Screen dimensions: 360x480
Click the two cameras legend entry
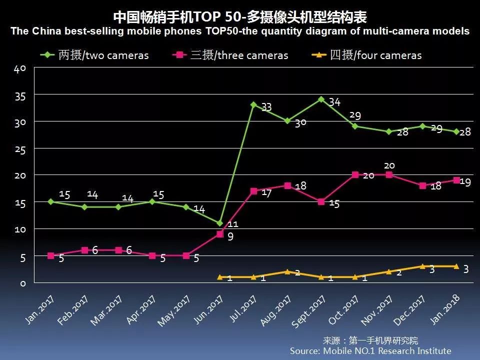click(95, 55)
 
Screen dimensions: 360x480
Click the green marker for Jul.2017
click(253, 105)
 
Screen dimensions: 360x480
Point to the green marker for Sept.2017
click(321, 99)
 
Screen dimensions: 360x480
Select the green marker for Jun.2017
click(219, 223)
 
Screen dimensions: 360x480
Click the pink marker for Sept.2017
click(321, 201)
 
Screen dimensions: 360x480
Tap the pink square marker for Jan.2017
click(50, 255)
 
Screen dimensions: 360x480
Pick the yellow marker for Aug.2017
click(287, 271)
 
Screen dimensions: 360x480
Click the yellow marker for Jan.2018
click(456, 266)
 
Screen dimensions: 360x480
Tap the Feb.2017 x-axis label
click(73, 310)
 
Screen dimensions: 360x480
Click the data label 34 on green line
click(334, 102)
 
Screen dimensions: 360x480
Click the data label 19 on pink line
click(465, 182)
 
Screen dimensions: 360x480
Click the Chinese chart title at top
click(240, 17)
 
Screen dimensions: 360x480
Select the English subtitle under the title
click(240, 31)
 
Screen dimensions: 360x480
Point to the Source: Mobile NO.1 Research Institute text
click(370, 351)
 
